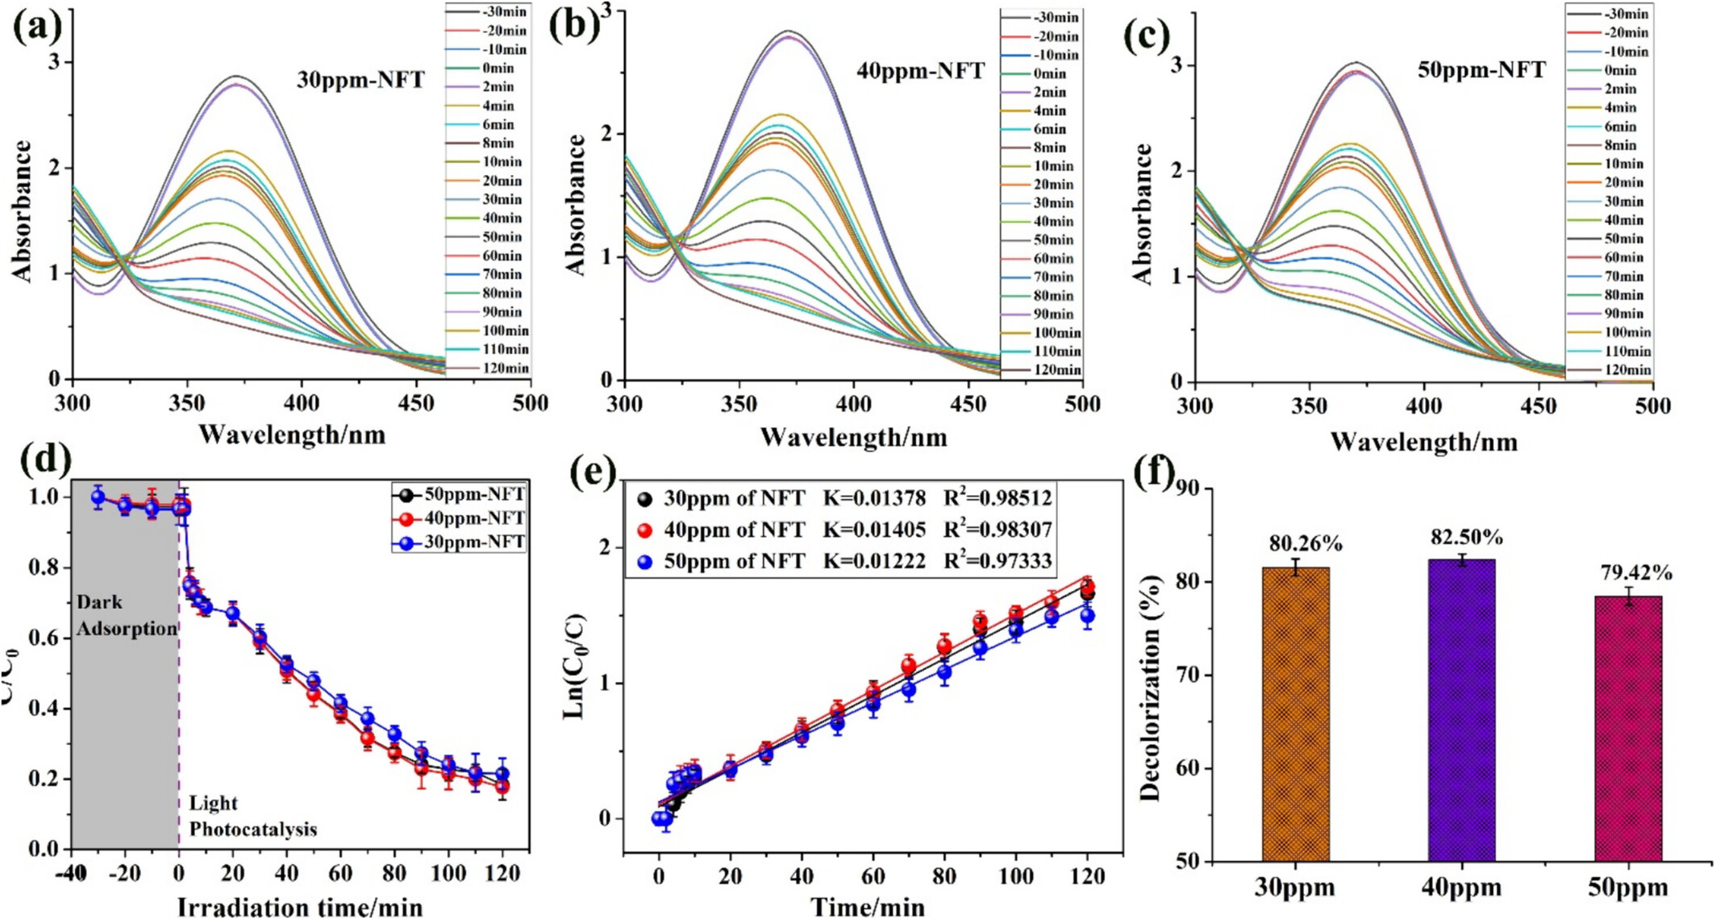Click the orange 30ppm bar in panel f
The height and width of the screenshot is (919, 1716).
(1295, 713)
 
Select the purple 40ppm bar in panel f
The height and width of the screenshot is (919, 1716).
(1461, 709)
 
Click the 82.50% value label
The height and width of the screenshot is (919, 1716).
(1467, 538)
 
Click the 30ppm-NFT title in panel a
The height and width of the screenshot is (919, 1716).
(360, 81)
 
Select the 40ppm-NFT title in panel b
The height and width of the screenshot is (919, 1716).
(920, 71)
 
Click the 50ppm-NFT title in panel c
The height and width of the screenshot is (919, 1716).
(1481, 70)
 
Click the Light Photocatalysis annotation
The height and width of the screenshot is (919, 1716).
(252, 816)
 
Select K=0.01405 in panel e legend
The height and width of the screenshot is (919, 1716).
(874, 530)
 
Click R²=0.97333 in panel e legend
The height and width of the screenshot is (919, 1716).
(998, 561)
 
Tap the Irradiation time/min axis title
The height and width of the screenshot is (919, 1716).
(299, 907)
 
